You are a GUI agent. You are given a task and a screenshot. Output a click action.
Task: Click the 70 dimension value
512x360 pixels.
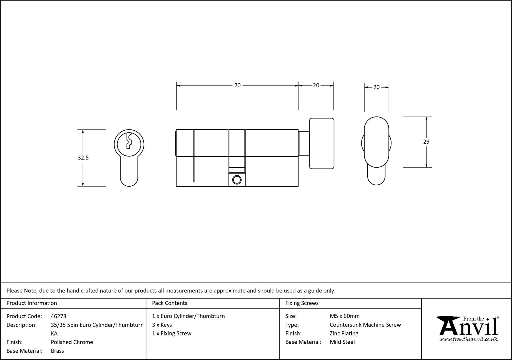pyautogui.click(x=237, y=86)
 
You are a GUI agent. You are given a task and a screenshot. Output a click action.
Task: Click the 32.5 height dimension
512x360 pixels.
pyautogui.click(x=83, y=158)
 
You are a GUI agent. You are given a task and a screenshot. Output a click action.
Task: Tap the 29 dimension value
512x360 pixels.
pyautogui.click(x=426, y=142)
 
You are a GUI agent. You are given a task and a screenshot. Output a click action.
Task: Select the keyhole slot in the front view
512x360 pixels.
pyautogui.click(x=129, y=141)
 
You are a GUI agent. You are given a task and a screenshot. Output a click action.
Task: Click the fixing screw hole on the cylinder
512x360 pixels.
pyautogui.click(x=237, y=180)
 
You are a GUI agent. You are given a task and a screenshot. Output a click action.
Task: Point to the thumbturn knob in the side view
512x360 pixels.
pyautogui.click(x=322, y=143)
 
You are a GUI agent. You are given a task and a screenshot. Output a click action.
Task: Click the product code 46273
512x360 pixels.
pyautogui.click(x=59, y=316)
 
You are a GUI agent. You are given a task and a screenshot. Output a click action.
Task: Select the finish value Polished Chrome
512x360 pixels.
pyautogui.click(x=72, y=342)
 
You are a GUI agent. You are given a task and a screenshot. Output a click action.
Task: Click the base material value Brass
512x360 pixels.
pyautogui.click(x=57, y=351)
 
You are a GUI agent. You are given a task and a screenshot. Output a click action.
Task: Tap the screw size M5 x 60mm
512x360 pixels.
pyautogui.click(x=345, y=316)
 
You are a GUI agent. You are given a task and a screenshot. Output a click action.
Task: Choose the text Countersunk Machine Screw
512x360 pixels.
pyautogui.click(x=365, y=325)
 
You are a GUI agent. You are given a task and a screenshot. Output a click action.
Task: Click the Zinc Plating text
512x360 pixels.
pyautogui.click(x=344, y=333)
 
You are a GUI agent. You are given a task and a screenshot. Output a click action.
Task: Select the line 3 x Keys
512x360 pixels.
pyautogui.click(x=162, y=325)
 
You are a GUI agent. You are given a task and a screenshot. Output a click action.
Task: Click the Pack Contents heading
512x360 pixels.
pyautogui.click(x=169, y=303)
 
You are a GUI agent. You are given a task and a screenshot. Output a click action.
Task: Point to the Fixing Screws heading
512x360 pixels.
pyautogui.click(x=302, y=303)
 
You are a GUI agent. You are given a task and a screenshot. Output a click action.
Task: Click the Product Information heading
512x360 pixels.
pyautogui.click(x=32, y=303)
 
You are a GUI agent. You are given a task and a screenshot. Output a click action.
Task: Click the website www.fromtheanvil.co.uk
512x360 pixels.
pyautogui.click(x=468, y=339)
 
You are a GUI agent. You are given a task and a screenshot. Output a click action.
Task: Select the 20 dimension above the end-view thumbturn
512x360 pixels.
pyautogui.click(x=376, y=87)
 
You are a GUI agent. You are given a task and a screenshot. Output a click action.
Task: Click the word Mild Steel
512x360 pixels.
pyautogui.click(x=342, y=342)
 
